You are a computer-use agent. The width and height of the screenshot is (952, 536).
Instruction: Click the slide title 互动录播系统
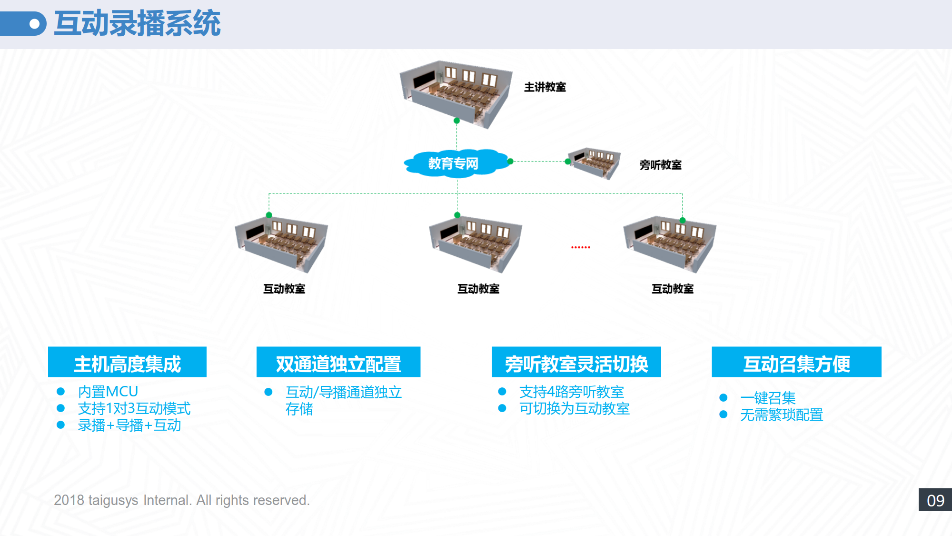(x=137, y=23)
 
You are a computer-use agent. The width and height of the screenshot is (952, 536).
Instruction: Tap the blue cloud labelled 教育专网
(x=453, y=163)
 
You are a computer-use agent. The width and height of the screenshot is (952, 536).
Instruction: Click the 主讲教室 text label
(x=545, y=87)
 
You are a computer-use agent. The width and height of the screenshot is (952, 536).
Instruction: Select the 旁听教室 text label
(x=660, y=165)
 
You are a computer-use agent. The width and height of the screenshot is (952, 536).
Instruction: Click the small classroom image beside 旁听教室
(x=594, y=162)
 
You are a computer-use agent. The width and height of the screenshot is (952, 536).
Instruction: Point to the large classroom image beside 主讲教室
(x=456, y=93)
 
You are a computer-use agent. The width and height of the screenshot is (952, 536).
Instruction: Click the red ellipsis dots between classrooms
(x=581, y=247)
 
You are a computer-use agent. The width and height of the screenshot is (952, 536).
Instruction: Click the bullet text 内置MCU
(x=108, y=392)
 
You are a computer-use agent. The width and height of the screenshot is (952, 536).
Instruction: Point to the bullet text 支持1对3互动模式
(x=134, y=408)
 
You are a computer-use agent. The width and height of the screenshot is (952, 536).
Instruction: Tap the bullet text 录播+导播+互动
(x=129, y=425)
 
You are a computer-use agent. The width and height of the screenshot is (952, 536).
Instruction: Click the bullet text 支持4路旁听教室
(x=571, y=392)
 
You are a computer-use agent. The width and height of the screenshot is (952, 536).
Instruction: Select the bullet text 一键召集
(x=768, y=398)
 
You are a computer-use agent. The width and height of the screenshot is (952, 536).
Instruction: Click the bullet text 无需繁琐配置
(x=781, y=415)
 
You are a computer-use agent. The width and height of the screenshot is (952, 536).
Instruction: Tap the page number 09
(x=935, y=500)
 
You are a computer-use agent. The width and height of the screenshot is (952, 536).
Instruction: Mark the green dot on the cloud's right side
(x=510, y=162)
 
